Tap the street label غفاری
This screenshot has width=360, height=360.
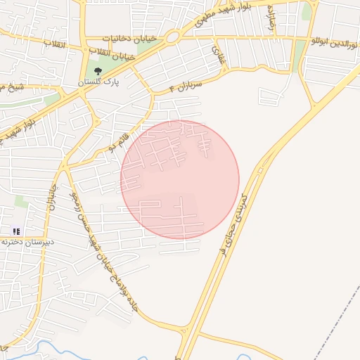click(218, 55)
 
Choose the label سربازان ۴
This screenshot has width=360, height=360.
click(186, 87)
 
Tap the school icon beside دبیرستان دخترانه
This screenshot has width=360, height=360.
click(16, 231)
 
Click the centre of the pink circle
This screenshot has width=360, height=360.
click(180, 179)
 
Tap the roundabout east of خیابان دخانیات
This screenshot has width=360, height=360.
click(172, 37)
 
